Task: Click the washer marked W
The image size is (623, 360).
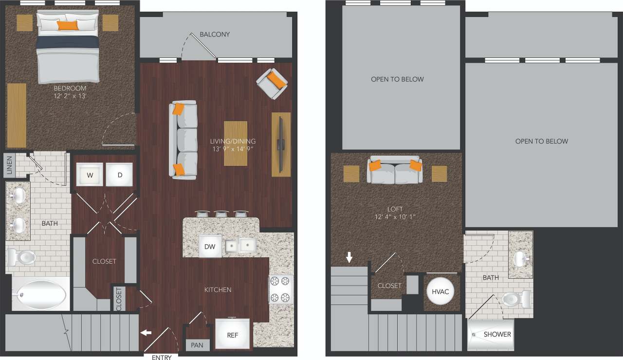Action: coord(90,175)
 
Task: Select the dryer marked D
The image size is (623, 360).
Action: coord(119,175)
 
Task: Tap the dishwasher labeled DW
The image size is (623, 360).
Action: coord(210,247)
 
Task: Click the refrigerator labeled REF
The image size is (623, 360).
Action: coord(232,335)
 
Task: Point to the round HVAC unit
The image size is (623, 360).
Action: coord(441,291)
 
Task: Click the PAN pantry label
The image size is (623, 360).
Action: coord(197,345)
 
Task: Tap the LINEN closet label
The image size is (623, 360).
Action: coord(9,166)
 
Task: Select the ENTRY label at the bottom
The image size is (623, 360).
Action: coord(162,358)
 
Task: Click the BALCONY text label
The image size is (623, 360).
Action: coord(215,35)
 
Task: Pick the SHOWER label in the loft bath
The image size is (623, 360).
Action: coord(497,334)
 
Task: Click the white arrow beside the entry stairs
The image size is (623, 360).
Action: coord(146,333)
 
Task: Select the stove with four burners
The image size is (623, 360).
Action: coord(281,289)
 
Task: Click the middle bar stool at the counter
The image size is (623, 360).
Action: coord(221,214)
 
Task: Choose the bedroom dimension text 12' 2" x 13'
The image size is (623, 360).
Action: coord(70,96)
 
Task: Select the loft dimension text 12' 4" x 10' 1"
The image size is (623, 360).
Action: coord(395,217)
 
